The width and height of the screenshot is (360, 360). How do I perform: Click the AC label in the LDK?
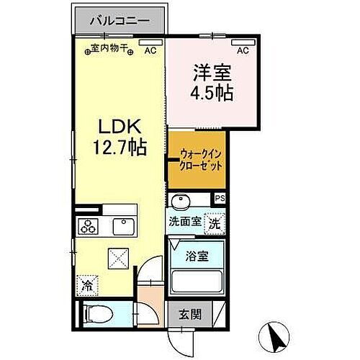pos(150,50)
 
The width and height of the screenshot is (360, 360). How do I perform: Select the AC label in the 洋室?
pos(243,50)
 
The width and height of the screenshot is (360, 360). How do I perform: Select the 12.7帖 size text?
pos(120,148)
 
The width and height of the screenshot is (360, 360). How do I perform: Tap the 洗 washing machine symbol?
pos(215,224)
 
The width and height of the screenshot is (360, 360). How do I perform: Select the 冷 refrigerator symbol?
pos(86,283)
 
